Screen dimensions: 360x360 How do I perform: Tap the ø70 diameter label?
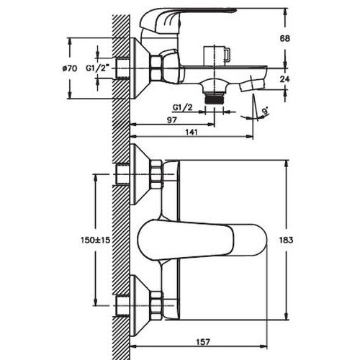(70, 68)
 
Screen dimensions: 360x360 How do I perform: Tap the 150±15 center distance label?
(96, 239)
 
